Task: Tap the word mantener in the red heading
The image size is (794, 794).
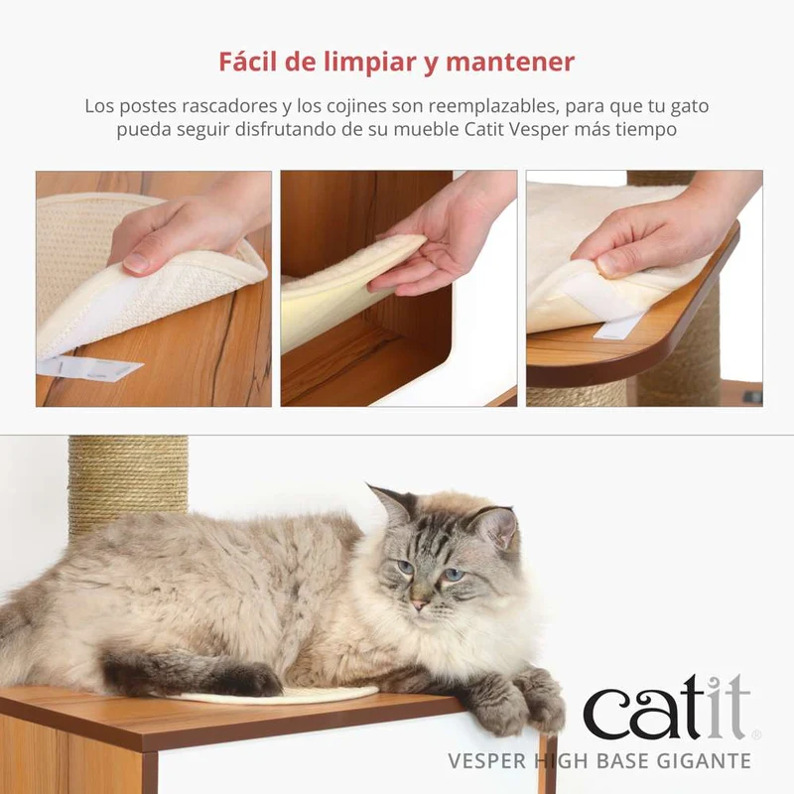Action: (510, 63)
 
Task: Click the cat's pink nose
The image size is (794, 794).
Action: (419, 604)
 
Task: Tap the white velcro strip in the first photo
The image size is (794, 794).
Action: (88, 367)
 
